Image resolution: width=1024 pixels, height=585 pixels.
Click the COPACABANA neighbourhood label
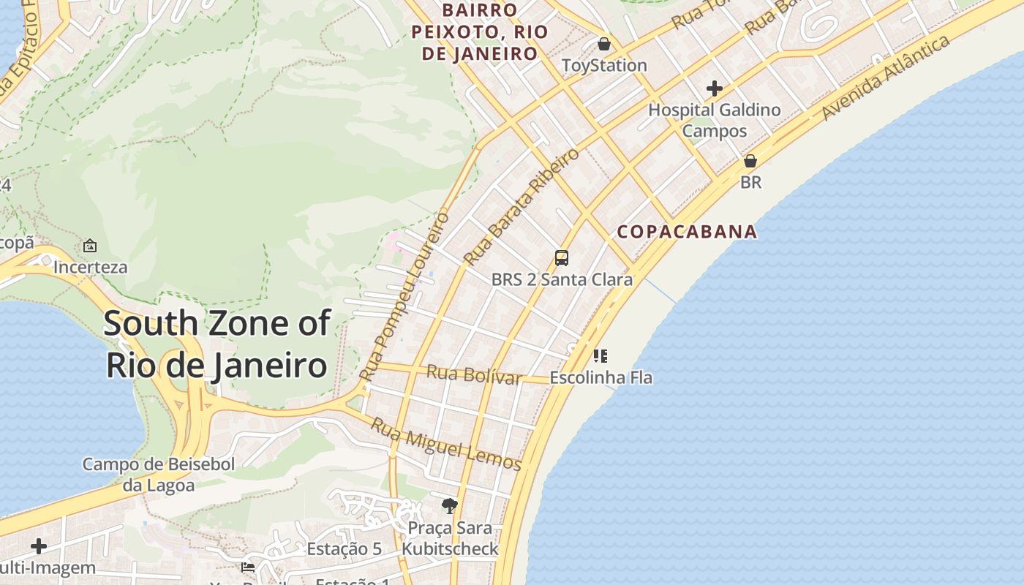tap(687, 232)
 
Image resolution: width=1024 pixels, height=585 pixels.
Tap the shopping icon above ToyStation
tap(603, 44)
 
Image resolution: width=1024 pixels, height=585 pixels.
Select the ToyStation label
tap(604, 66)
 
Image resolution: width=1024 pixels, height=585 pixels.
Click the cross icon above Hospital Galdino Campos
tap(714, 89)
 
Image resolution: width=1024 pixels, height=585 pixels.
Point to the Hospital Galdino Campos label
tap(715, 121)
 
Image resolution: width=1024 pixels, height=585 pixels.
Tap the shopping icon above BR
tap(750, 161)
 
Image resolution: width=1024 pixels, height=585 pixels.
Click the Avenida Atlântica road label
tap(886, 78)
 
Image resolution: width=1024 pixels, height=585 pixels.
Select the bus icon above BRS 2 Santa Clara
tap(562, 258)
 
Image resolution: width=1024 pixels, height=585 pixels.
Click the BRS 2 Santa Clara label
tap(562, 279)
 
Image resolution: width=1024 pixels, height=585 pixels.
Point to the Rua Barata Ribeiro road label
tap(522, 206)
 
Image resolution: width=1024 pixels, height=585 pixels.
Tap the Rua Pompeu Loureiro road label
tap(404, 296)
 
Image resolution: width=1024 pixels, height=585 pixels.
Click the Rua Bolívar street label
tap(474, 374)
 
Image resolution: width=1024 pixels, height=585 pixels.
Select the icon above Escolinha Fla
tap(601, 356)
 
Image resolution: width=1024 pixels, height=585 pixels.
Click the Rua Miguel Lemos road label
tap(445, 444)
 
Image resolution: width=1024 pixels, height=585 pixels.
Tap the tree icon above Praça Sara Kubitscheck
tap(449, 505)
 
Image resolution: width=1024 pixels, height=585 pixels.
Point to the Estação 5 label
tap(344, 549)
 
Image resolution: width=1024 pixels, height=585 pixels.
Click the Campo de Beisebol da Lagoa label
tap(159, 475)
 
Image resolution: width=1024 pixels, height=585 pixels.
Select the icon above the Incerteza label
tap(90, 246)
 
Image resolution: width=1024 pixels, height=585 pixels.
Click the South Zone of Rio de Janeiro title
tap(217, 344)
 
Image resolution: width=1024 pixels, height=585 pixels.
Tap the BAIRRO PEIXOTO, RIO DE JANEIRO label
tap(480, 32)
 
